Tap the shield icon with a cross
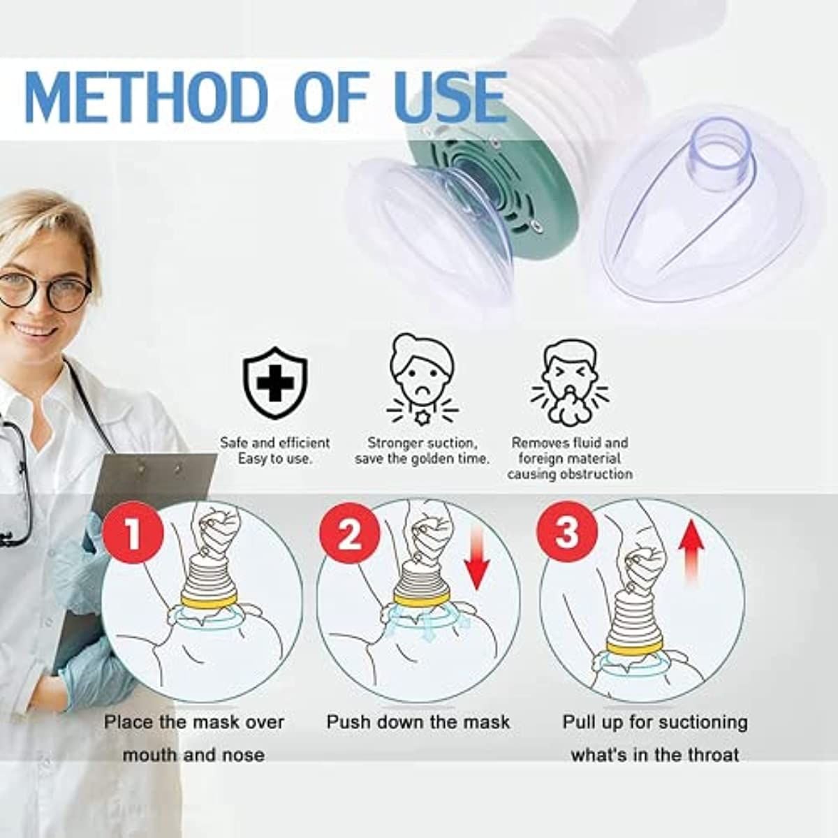[x=275, y=383]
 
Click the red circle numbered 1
[x=133, y=534]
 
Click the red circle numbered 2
[x=349, y=534]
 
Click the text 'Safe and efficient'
[x=275, y=443]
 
